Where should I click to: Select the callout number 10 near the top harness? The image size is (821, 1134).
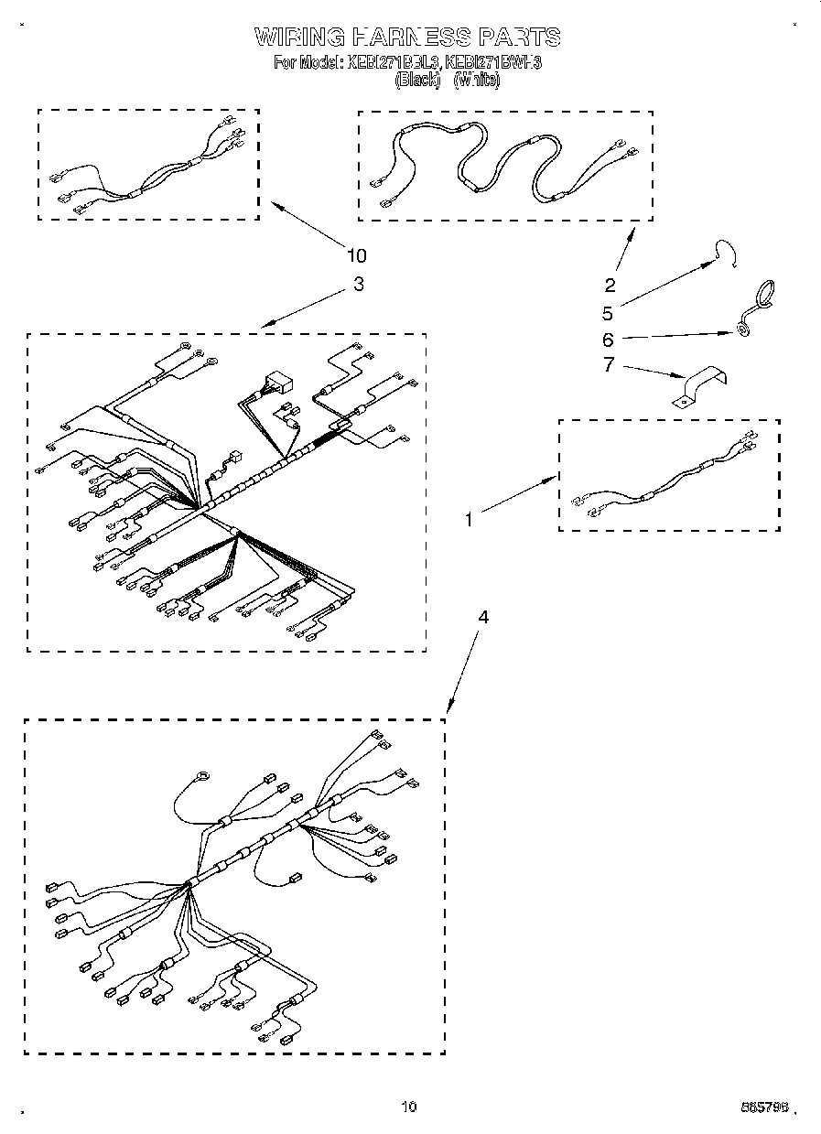click(x=356, y=255)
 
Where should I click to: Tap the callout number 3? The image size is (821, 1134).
click(x=358, y=284)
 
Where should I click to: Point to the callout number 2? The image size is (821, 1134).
click(x=610, y=285)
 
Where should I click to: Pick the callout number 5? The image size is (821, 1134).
click(x=608, y=313)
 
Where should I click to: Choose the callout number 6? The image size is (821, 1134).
click(x=608, y=340)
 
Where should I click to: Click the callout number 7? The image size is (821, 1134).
click(x=608, y=366)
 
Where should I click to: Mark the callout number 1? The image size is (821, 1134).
click(x=469, y=519)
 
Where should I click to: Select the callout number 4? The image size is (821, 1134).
click(x=483, y=618)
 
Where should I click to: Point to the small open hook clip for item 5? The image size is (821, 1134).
click(x=729, y=253)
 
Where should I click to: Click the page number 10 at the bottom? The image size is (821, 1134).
click(x=408, y=1107)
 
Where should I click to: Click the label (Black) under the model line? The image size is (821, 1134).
click(x=417, y=81)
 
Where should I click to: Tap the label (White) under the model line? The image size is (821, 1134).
click(x=477, y=81)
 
